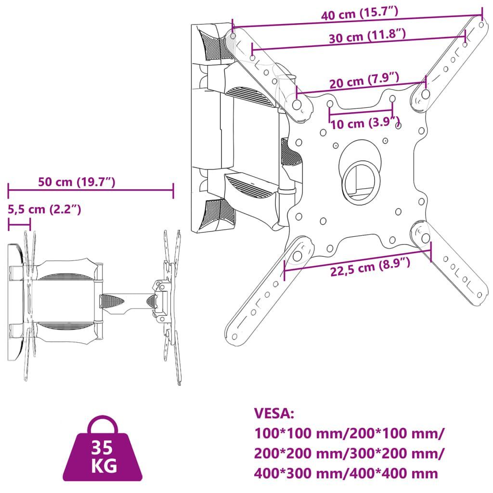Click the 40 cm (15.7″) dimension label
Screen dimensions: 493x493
click(360, 13)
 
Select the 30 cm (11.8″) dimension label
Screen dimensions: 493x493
click(367, 36)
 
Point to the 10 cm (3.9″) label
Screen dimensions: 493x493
click(365, 123)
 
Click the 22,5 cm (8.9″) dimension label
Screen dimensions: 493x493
click(370, 267)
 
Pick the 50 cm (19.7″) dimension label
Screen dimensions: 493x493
click(77, 182)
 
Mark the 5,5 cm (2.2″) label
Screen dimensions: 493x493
click(44, 209)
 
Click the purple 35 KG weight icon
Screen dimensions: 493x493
click(103, 448)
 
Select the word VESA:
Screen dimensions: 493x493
click(274, 413)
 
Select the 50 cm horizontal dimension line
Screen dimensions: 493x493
click(91, 190)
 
